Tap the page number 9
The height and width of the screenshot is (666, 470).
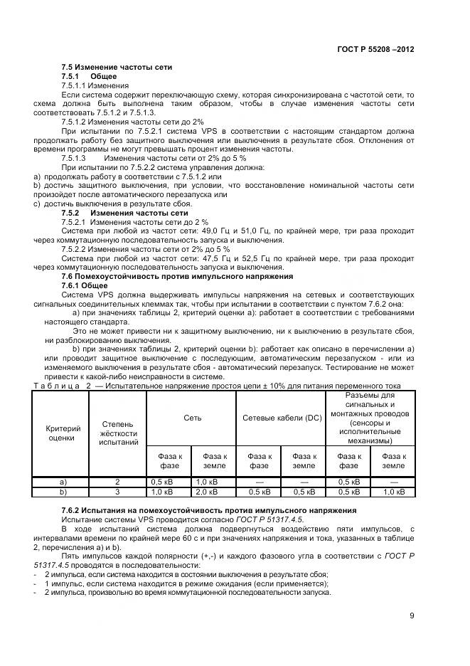[412, 616]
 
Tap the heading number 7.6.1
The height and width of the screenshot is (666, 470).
[73, 285]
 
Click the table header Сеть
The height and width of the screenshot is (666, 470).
[192, 418]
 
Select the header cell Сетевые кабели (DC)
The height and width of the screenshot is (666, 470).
[282, 418]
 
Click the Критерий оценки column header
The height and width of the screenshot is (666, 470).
[63, 433]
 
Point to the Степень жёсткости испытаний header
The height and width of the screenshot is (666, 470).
[117, 433]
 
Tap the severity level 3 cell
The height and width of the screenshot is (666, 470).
[117, 491]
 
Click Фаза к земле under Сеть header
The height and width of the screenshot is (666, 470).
[214, 460]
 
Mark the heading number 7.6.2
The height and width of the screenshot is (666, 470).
[72, 511]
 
